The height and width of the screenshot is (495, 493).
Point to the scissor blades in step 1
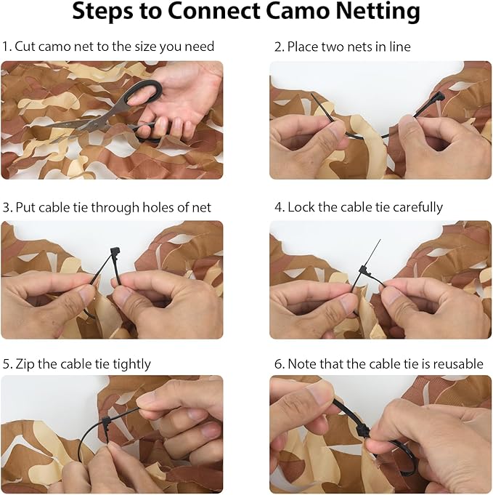[76, 125]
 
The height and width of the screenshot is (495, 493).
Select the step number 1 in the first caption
[6, 47]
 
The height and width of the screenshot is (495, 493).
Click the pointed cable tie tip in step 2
[311, 94]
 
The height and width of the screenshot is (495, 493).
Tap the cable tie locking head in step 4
[365, 272]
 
